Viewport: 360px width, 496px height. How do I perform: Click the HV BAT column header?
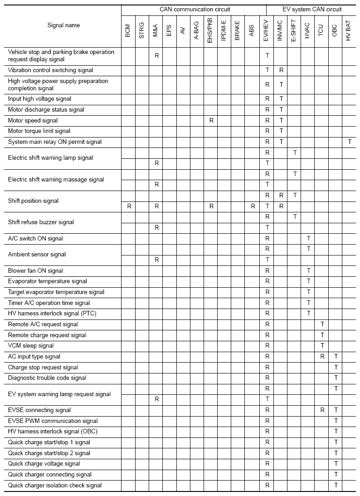point(348,32)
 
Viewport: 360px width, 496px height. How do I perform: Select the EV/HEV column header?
point(267,32)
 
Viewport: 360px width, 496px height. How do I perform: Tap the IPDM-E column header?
point(224,32)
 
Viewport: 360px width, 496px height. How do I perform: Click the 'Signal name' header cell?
point(63,25)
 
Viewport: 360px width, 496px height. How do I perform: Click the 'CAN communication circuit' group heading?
point(195,9)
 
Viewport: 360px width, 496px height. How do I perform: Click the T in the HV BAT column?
point(350,142)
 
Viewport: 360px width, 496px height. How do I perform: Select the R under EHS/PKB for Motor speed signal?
point(211,121)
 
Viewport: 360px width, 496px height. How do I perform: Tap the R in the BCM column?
point(129,206)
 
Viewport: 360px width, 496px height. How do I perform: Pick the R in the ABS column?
point(253,206)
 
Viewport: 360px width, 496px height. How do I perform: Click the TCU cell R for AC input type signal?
point(322,357)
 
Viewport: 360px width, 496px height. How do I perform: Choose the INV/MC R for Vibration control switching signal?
point(281,70)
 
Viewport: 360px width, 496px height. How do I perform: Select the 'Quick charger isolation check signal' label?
point(55,486)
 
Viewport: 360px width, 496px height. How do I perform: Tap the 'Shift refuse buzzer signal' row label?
point(41,222)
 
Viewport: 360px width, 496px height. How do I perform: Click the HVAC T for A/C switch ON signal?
point(308,238)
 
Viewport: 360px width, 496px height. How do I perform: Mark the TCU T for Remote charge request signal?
point(322,335)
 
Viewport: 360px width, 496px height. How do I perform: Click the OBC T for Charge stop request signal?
point(336,368)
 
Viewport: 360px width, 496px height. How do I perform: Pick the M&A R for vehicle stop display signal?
point(156,55)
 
